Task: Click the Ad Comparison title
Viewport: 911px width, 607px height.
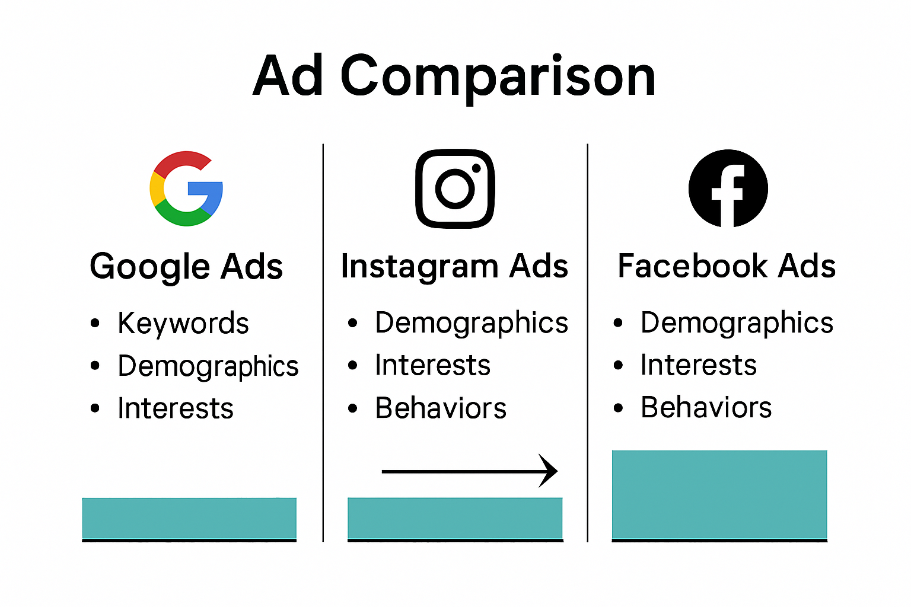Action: click(x=454, y=76)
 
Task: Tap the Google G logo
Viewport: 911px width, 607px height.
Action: click(x=186, y=189)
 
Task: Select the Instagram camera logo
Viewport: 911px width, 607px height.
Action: click(x=455, y=189)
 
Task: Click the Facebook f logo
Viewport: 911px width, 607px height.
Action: click(x=728, y=189)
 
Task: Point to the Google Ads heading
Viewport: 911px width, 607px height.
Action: click(x=186, y=267)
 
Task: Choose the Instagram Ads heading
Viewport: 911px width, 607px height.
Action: click(x=454, y=266)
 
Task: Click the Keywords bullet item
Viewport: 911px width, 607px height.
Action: click(x=183, y=324)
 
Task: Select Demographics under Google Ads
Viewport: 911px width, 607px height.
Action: click(x=208, y=366)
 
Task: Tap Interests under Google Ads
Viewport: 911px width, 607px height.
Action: click(x=176, y=408)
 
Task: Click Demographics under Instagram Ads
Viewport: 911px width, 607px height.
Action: click(x=472, y=324)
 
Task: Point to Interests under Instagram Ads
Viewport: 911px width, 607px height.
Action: click(x=433, y=365)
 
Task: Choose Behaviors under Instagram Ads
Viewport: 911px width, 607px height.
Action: click(x=441, y=408)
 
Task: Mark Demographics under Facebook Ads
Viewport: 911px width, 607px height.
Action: click(x=737, y=324)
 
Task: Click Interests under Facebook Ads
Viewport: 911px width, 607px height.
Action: click(x=699, y=365)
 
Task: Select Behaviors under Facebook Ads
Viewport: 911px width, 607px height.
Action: click(x=706, y=408)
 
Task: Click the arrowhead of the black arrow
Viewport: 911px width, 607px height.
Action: click(x=550, y=471)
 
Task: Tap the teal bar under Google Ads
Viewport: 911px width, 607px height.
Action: click(x=189, y=518)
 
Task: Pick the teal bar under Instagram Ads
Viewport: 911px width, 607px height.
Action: click(x=455, y=518)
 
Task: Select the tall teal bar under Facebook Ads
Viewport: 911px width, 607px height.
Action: click(x=719, y=494)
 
